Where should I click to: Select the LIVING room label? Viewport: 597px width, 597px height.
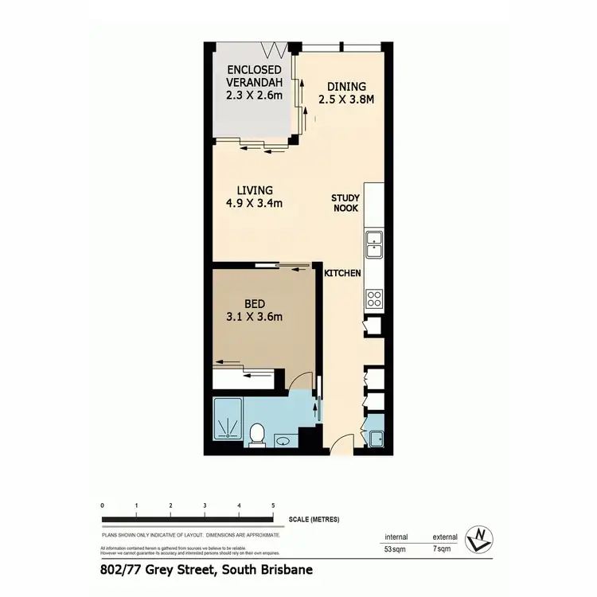[x=255, y=190]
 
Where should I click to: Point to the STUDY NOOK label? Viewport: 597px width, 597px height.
[x=346, y=203]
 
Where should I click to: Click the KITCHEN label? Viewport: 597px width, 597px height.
[x=342, y=273]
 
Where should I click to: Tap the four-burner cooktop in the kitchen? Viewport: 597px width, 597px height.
[x=374, y=299]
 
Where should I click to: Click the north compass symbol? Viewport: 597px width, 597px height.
[x=480, y=539]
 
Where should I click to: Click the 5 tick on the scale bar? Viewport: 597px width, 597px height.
[x=273, y=506]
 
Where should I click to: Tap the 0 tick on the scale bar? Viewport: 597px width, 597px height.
[x=103, y=506]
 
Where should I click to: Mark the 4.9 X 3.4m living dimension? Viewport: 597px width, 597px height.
[x=255, y=203]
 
